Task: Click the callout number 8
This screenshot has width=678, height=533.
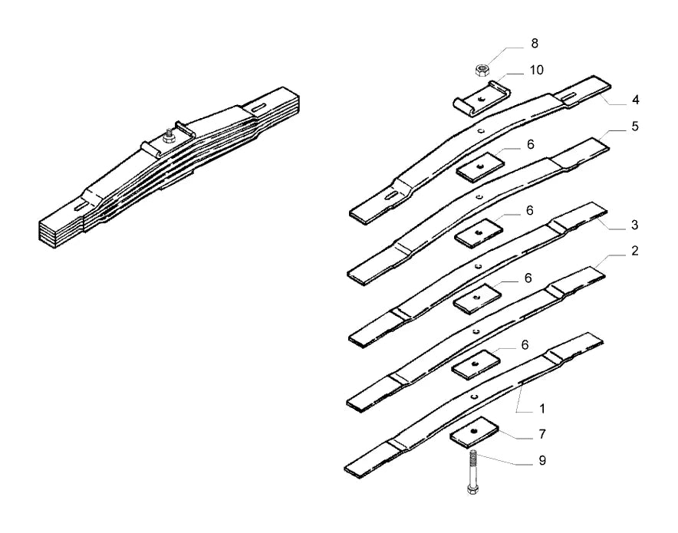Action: (535, 43)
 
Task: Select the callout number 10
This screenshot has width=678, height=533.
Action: (536, 70)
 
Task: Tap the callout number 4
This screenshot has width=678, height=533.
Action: (635, 100)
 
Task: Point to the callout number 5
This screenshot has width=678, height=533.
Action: (635, 127)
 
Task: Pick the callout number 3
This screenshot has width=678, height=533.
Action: (634, 225)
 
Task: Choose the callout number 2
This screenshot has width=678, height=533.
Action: (634, 251)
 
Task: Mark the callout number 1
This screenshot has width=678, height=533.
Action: (541, 409)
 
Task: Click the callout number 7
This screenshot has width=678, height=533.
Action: (542, 433)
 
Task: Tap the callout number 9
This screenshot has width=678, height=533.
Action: (542, 460)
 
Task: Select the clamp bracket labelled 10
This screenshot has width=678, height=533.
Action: (481, 99)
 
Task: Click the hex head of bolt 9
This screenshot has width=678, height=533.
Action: (472, 489)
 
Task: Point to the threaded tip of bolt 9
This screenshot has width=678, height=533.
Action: (472, 452)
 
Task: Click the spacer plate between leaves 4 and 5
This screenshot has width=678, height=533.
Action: (480, 166)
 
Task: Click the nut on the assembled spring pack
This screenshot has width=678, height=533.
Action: (167, 138)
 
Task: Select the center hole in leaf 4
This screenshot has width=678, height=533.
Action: (481, 130)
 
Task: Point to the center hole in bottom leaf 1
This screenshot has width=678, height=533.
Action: (474, 396)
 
